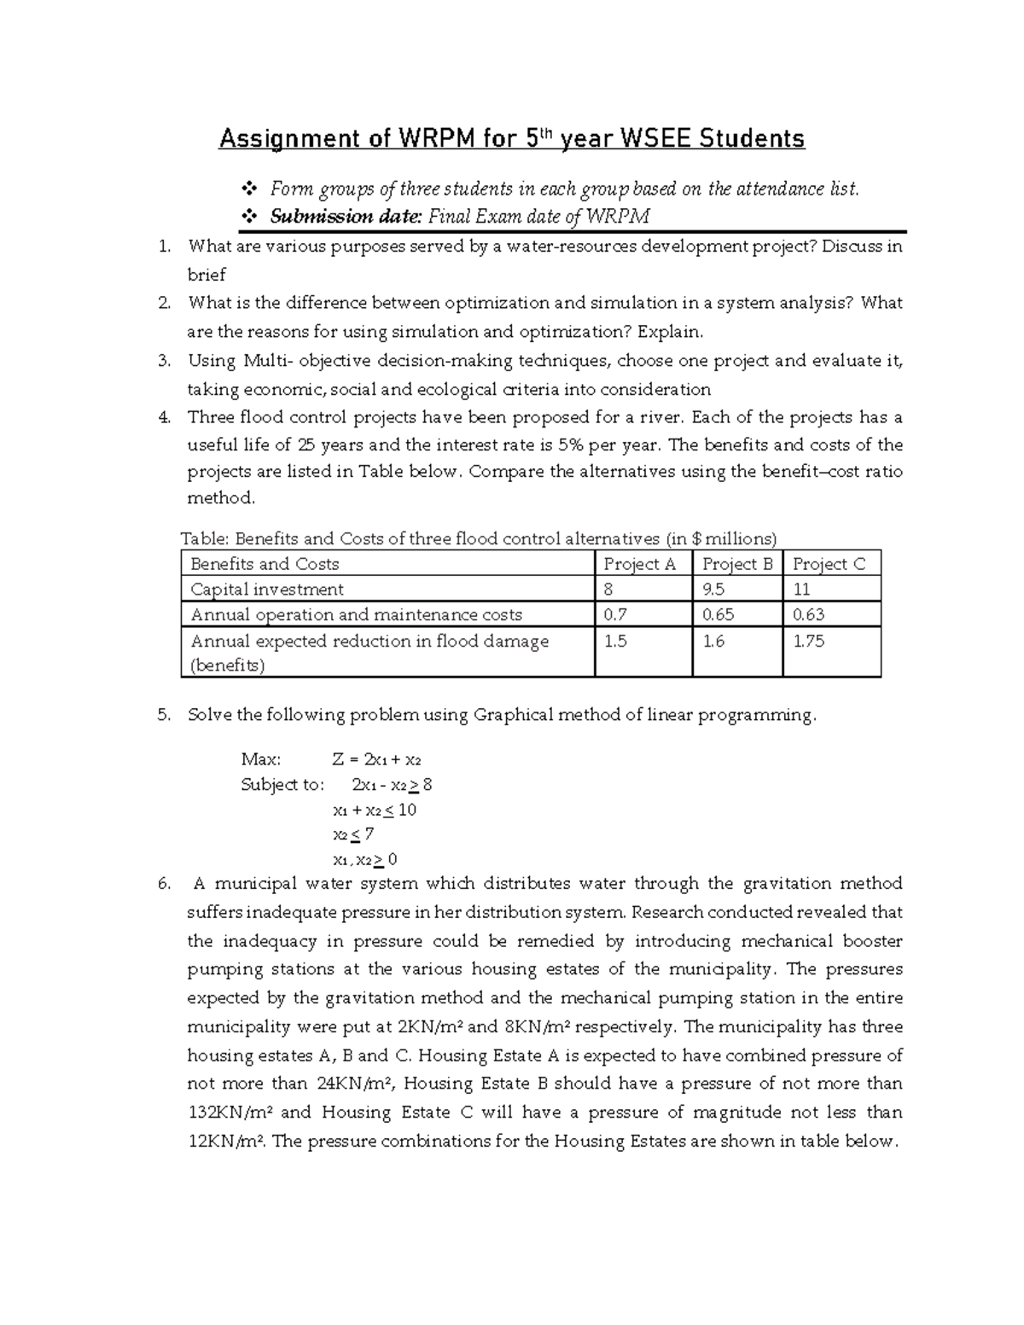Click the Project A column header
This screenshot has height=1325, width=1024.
tap(639, 564)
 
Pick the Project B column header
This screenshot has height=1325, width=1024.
tap(736, 564)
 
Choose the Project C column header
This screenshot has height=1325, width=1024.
tap(829, 564)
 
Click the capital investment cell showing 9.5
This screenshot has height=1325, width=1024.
tap(713, 590)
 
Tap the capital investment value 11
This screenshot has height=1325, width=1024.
tap(801, 590)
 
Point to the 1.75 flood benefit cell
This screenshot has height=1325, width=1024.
tap(808, 642)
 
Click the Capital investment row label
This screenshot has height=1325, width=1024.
tap(267, 590)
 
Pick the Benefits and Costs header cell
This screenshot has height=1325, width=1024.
tap(265, 564)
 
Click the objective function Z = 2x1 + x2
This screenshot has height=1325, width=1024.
tap(376, 759)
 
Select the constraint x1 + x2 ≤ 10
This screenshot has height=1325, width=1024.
tap(374, 810)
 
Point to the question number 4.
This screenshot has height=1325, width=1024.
tap(164, 417)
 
